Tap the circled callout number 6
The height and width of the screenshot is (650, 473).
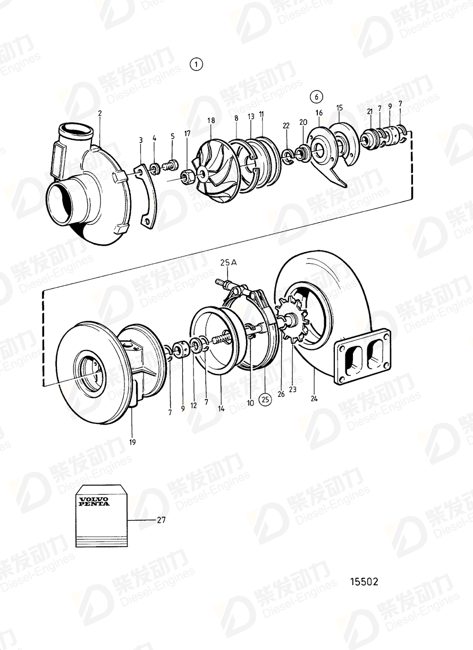[x=316, y=97]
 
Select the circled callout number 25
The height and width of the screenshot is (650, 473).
[x=265, y=397]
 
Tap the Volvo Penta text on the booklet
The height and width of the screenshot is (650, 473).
[x=94, y=501]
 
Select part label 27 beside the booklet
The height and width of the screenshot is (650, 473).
[x=161, y=520]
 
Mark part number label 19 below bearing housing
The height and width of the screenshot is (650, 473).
[x=132, y=441]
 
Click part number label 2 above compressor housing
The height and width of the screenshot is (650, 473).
[x=99, y=113]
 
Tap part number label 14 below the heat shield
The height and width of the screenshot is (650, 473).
[x=221, y=409]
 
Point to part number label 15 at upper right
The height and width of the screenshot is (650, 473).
[x=340, y=108]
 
